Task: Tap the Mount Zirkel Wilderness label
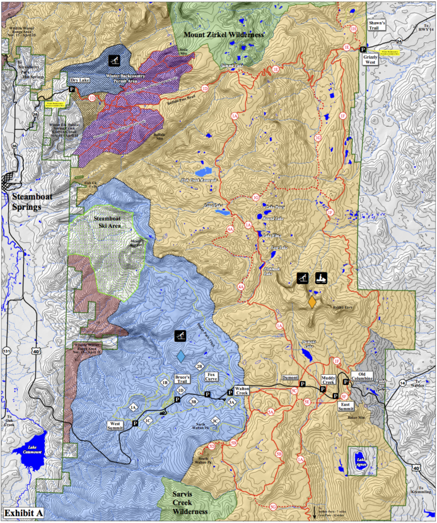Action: (x=223, y=35)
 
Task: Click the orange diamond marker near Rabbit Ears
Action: (x=312, y=302)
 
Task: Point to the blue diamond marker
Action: (x=180, y=357)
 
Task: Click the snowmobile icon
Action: (x=322, y=278)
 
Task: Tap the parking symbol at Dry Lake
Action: (x=72, y=90)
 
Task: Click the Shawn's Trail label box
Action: (x=377, y=26)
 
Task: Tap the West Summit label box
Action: (x=118, y=424)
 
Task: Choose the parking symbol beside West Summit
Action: (x=135, y=423)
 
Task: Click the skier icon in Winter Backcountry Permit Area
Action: (x=116, y=60)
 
